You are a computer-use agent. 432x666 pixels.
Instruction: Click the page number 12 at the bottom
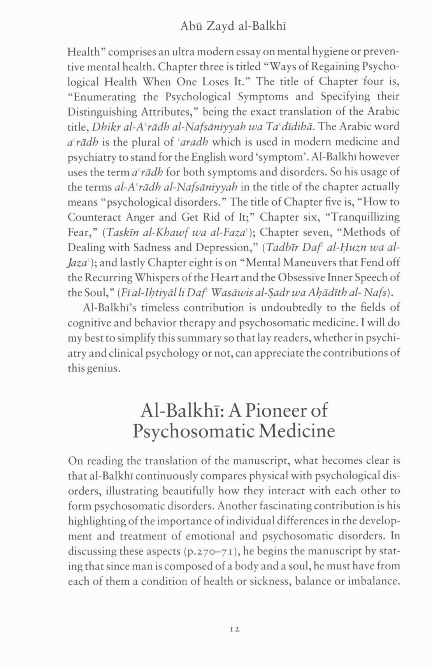[234, 629]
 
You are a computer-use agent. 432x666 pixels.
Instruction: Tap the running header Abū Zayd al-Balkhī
[234, 26]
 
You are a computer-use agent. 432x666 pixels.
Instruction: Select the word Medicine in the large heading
[297, 431]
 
